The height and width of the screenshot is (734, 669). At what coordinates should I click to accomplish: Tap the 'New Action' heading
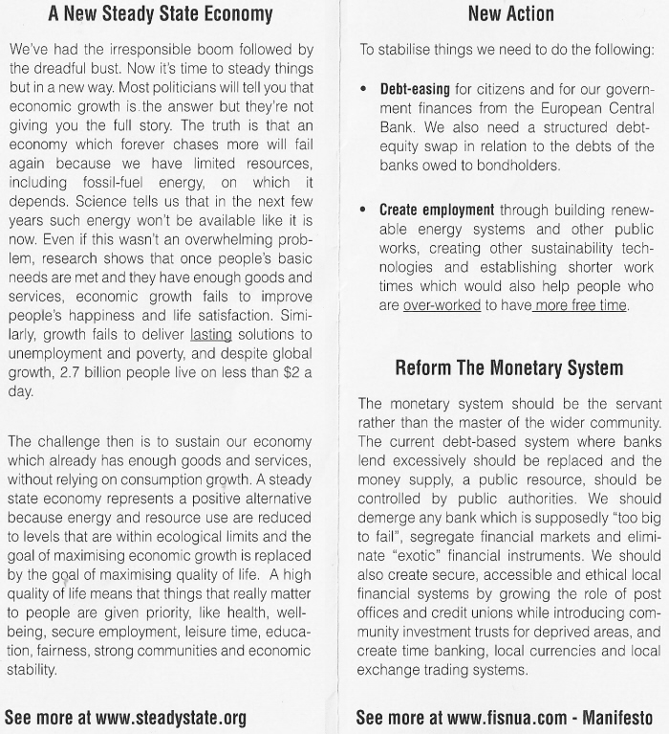[x=510, y=14]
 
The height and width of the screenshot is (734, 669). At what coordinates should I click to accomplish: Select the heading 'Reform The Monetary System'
[x=509, y=367]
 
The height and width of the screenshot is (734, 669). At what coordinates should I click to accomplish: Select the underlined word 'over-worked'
[x=441, y=305]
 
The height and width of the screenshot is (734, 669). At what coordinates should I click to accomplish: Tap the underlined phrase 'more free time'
[x=582, y=305]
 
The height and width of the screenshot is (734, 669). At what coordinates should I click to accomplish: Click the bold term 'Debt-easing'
[x=417, y=87]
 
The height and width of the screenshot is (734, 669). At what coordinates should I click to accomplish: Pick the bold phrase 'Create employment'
[x=437, y=210]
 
